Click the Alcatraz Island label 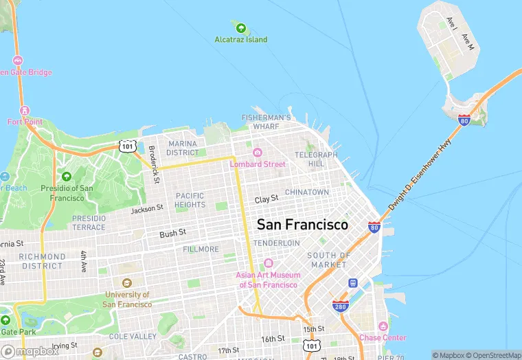pos(240,40)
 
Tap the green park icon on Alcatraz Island pos(240,28)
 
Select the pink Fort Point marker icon pos(25,111)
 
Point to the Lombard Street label pos(258,164)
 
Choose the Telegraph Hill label pos(316,159)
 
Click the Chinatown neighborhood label pos(306,192)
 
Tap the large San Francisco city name pos(302,225)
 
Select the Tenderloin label pos(276,243)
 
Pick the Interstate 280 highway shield pos(340,306)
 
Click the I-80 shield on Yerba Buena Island pos(465,121)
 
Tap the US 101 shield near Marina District pos(126,146)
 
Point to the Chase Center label pos(383,337)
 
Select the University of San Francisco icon pos(126,283)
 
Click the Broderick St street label pos(155,164)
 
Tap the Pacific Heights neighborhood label pos(190,200)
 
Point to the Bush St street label pos(172,234)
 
